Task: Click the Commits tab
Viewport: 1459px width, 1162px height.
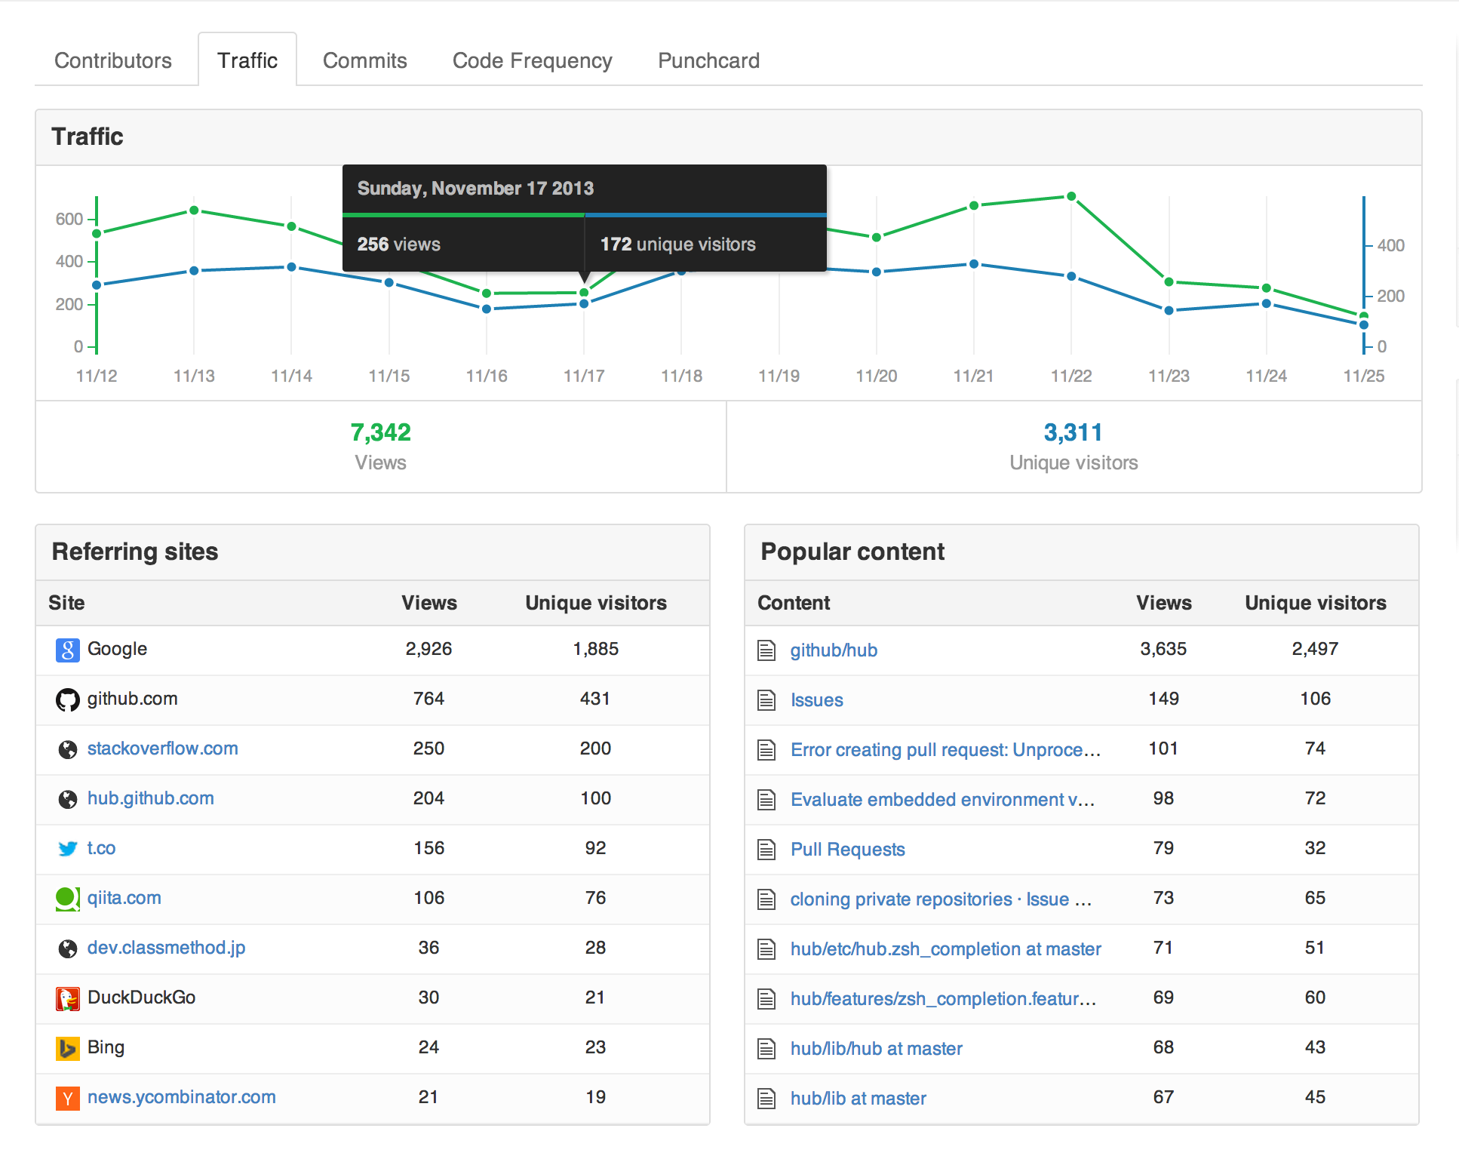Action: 364,60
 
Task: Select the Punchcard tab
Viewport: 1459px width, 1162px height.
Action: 708,60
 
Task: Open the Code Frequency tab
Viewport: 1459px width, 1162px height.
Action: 532,60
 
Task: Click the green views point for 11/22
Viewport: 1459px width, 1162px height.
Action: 1071,196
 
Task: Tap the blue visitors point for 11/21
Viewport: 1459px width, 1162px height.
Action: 974,264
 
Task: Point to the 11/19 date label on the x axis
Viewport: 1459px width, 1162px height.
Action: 779,376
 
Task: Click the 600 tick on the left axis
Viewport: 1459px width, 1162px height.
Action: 69,219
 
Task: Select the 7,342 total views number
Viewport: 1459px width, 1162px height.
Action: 380,432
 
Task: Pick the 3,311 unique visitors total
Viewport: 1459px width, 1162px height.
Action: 1073,432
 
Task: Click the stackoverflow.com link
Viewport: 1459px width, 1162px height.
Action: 162,749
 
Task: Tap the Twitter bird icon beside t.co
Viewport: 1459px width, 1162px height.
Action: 68,849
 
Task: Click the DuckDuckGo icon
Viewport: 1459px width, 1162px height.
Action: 68,998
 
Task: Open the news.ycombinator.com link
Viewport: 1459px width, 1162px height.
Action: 181,1097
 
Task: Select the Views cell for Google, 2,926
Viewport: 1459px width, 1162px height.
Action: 428,649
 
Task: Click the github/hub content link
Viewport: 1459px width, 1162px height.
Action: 834,650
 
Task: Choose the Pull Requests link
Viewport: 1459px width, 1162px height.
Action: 847,850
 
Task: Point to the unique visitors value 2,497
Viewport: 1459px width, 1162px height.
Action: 1315,649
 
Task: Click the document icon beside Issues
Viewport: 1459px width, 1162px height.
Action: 766,700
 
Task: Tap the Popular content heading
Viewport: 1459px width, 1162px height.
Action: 852,552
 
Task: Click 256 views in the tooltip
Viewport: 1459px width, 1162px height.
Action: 398,244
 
